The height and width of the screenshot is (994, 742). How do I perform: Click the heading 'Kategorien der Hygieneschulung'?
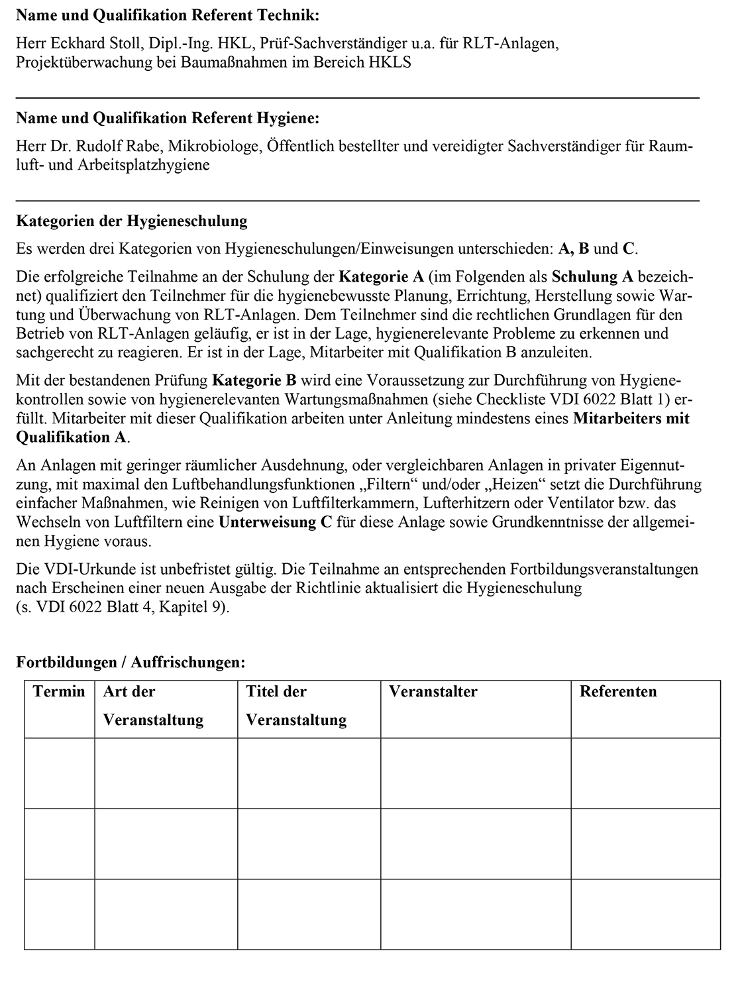click(131, 221)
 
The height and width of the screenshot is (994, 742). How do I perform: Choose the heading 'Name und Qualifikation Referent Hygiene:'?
click(168, 119)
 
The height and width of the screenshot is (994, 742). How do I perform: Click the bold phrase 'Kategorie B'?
click(254, 381)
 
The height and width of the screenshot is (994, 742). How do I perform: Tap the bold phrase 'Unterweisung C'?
click(275, 522)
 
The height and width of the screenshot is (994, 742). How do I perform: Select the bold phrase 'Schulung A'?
click(592, 276)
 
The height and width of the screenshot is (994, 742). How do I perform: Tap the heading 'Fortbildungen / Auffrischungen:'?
click(131, 662)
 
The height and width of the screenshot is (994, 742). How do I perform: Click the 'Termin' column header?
click(59, 692)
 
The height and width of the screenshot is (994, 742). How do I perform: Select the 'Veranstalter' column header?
click(433, 692)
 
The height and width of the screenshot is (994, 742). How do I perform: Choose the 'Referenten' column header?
click(618, 692)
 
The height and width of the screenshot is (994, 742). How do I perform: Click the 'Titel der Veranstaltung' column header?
click(296, 706)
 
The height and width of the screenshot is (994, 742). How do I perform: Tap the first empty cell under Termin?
click(60, 773)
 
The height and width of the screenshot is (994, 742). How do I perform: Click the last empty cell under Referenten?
click(645, 914)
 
